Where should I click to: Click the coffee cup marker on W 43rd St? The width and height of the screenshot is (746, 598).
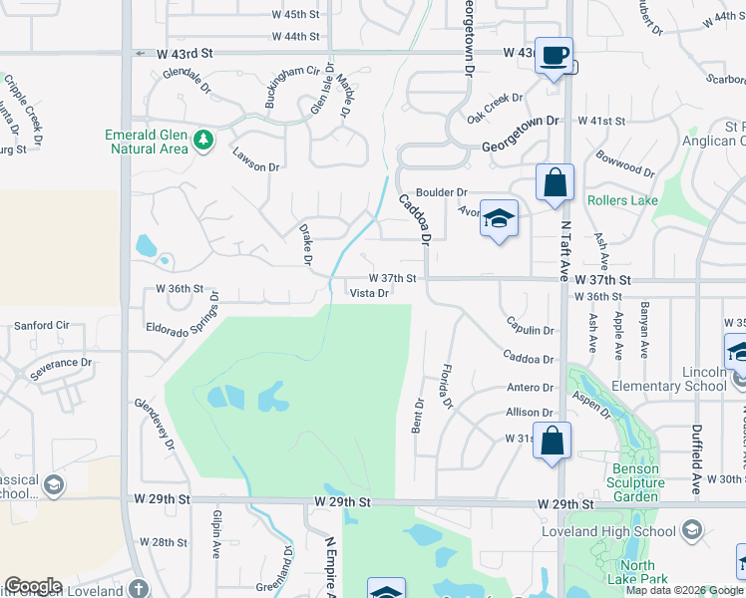coord(555,55)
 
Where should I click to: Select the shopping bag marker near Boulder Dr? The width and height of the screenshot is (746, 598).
coord(555,183)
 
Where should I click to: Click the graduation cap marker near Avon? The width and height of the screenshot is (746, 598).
coord(499,218)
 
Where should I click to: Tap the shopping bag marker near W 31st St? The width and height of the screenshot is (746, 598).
coord(553,441)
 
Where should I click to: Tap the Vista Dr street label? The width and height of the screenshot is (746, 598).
coord(368,293)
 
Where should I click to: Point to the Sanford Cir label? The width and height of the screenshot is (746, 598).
coord(42,325)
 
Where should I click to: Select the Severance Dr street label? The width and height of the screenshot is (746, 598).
coord(61,368)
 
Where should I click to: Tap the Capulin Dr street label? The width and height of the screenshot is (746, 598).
coord(530,330)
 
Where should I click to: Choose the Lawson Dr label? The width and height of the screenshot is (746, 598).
coord(255,159)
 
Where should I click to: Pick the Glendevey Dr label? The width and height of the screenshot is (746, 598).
coord(156,423)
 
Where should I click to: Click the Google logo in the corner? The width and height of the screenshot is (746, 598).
coord(33,586)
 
